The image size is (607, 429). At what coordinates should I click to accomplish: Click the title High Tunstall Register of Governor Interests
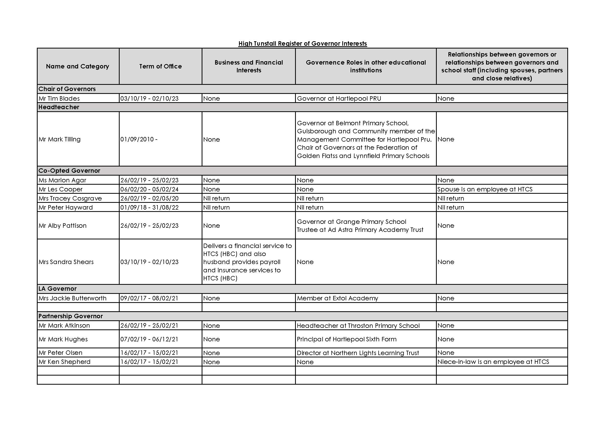302,44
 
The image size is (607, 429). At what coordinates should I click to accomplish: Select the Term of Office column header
160,66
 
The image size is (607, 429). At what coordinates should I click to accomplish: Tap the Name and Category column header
77,66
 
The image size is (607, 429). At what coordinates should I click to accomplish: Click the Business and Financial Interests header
249,66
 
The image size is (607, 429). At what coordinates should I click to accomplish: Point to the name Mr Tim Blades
59,99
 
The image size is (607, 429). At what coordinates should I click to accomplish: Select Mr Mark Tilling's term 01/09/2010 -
139,139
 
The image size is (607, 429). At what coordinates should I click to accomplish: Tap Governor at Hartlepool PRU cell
339,99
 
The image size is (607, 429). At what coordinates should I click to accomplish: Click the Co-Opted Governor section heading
69,171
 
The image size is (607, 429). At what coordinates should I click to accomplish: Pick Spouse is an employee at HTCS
485,189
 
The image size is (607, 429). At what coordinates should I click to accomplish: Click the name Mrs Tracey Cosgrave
70,198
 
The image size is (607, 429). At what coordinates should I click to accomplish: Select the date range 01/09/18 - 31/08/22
149,207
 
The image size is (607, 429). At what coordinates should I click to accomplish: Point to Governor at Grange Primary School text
351,222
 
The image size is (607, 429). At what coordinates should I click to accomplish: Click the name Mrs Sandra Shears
66,262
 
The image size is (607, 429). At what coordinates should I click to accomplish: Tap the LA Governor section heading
57,289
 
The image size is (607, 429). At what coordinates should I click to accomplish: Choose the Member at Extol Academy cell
337,298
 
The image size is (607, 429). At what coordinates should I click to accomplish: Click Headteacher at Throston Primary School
358,326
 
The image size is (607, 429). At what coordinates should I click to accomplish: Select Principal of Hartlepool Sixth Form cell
347,339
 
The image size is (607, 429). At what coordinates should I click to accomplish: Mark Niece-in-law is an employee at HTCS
493,362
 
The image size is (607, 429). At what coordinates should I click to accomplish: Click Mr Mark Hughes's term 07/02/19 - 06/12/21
149,339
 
